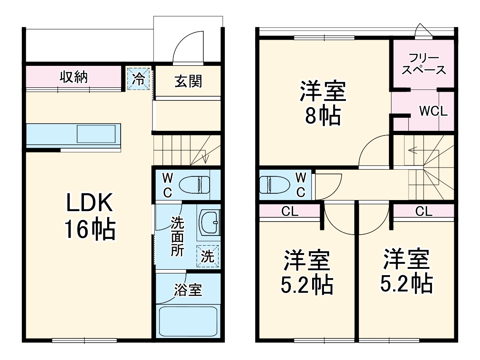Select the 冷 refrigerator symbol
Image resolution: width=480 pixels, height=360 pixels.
pos(139,78)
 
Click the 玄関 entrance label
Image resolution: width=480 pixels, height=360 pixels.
pos(188,81)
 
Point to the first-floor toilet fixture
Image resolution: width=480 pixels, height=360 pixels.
pos(194,184)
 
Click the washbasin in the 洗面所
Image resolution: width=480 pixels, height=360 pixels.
pos(209,222)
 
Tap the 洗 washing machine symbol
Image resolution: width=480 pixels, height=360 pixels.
pos(208,256)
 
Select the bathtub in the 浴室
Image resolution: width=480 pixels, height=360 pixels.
pos(188,321)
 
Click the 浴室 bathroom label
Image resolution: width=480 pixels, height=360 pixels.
pos(188,290)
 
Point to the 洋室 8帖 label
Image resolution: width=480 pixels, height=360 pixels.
pos(323,103)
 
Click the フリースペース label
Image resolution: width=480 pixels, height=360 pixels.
pos(423,64)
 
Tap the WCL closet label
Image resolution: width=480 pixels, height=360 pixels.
pos(433,111)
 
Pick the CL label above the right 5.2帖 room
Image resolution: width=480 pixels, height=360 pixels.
pos(423,211)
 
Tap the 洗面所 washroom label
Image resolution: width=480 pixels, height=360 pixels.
pos(177,236)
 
